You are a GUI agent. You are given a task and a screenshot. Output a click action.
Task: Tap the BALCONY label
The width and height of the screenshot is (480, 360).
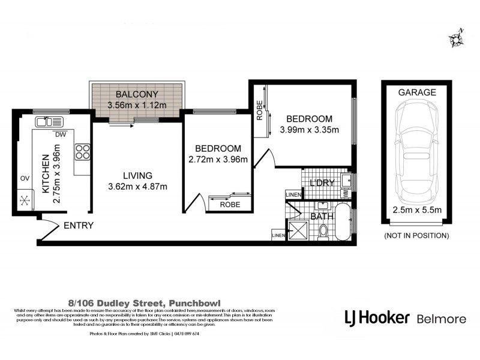(x=136, y=94)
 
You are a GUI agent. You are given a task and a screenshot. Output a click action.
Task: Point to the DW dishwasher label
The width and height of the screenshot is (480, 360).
(x=60, y=134)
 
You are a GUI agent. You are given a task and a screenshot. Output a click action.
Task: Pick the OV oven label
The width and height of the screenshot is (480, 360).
(x=25, y=178)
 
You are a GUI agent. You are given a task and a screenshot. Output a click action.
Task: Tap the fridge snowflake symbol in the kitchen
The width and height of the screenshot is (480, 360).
(x=26, y=199)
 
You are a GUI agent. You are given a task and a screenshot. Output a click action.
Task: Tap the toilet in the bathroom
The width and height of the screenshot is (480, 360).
(x=323, y=230)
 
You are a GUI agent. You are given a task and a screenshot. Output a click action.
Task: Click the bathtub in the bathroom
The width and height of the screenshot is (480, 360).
(x=342, y=223)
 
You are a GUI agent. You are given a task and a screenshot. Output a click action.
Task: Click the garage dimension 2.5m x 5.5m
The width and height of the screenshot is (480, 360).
(x=417, y=209)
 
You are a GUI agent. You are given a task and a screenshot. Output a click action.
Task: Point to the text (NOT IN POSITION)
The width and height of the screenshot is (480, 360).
(x=417, y=236)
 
